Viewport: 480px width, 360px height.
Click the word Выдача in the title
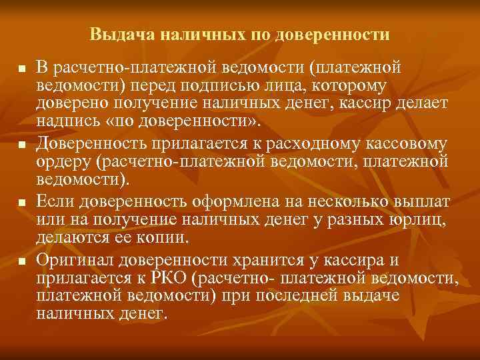[x=113, y=33]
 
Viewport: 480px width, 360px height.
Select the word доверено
[x=70, y=105]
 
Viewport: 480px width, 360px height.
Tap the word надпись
[x=64, y=124]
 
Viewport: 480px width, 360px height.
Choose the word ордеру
[x=61, y=162]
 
